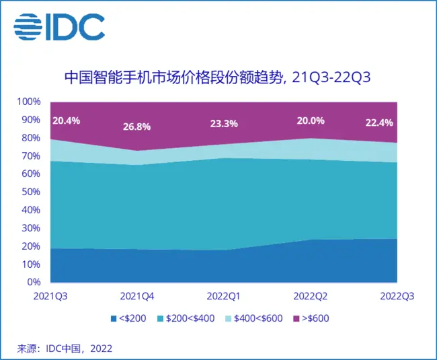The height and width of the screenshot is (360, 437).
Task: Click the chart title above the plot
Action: click(218, 77)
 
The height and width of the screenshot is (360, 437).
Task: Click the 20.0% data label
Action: click(310, 121)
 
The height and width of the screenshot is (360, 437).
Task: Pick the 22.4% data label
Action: click(379, 122)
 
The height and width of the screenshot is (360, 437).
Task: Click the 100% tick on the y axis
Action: click(30, 102)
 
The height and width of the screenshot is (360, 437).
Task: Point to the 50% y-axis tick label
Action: click(32, 192)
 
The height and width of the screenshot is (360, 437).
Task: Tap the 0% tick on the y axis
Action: click(35, 282)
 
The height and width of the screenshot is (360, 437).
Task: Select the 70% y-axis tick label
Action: click(32, 156)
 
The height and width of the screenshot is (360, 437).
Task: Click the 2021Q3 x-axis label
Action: click(51, 295)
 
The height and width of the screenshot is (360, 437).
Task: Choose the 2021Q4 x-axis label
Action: click(137, 295)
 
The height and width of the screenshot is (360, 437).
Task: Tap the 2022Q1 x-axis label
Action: click(224, 295)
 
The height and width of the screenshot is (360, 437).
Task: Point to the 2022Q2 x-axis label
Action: click(311, 295)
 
